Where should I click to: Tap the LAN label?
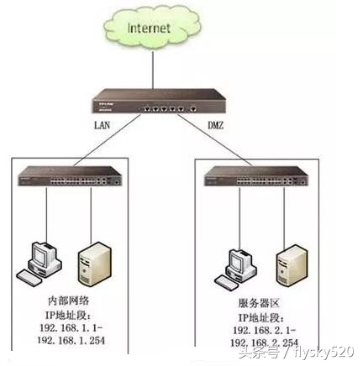pos(103,127)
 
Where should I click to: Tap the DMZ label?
pos(215,128)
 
